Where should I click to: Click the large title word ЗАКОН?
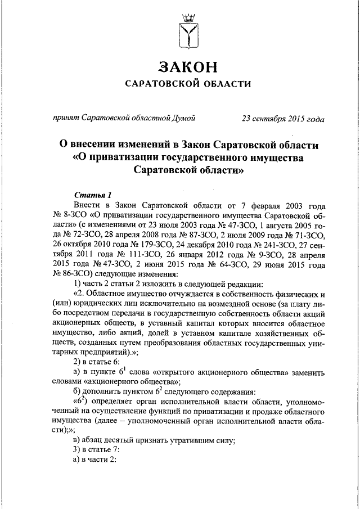point(188,66)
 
